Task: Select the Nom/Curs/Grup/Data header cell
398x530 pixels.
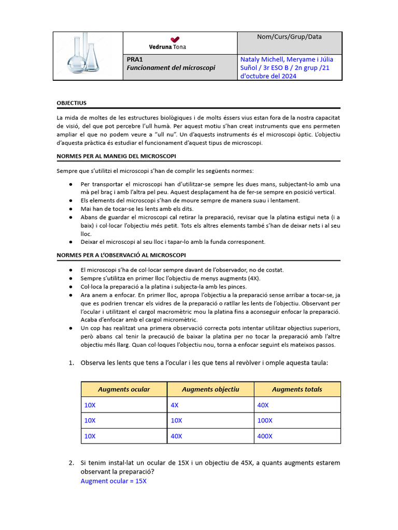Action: [289, 37]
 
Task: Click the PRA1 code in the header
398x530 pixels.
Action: [134, 59]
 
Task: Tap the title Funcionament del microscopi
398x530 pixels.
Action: [170, 68]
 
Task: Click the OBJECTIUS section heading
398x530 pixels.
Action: [72, 103]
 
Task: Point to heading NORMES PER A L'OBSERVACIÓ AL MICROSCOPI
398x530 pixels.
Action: [121, 255]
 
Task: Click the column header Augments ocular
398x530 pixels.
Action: [124, 389]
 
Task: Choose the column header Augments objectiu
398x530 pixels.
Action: [210, 389]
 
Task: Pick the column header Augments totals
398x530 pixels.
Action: [297, 389]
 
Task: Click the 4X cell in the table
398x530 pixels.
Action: [175, 405]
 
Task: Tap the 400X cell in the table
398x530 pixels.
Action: [264, 436]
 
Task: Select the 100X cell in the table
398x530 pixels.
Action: [264, 420]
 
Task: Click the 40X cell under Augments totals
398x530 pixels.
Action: [263, 405]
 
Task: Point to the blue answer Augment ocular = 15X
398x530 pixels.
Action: [113, 481]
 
